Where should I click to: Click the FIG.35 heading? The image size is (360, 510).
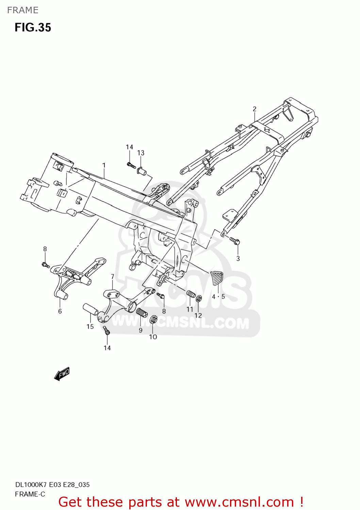(x=33, y=28)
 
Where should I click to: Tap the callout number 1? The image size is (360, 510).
(x=104, y=165)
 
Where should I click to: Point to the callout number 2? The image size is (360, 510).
(x=255, y=109)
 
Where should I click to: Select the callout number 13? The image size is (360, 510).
(x=141, y=153)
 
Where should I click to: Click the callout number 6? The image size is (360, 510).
(x=60, y=311)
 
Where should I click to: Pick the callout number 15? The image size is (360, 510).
(x=90, y=327)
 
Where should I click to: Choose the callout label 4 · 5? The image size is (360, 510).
(x=218, y=296)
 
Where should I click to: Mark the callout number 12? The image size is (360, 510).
(x=198, y=316)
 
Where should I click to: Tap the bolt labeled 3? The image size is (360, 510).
(x=235, y=241)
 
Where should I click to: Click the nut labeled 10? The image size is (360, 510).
(x=153, y=319)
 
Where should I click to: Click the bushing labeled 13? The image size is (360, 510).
(x=142, y=170)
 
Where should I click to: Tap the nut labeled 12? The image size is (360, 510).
(x=199, y=299)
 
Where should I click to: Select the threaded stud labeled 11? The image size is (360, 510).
(x=191, y=294)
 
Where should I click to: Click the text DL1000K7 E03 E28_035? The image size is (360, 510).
(x=52, y=485)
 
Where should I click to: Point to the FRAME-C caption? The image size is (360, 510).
(x=30, y=494)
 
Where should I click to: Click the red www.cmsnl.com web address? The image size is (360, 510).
(x=239, y=502)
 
